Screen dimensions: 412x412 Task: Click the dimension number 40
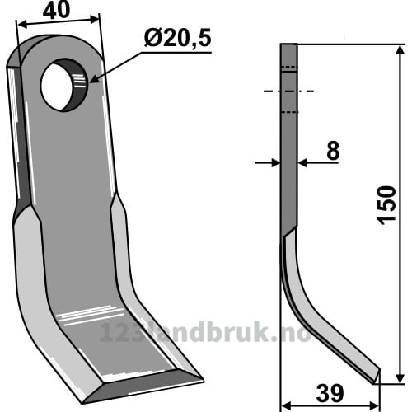pos(57,10)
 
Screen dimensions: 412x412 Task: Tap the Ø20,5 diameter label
pos(178,39)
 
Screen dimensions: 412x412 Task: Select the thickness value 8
pos(333,150)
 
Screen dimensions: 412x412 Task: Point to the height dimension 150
pos(386,205)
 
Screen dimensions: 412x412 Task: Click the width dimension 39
pos(330,394)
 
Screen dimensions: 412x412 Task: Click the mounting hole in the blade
pos(64,85)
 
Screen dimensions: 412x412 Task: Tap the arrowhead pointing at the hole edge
pos(94,79)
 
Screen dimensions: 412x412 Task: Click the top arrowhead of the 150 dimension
pos(400,51)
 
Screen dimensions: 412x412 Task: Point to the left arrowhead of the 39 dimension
pos(288,405)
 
